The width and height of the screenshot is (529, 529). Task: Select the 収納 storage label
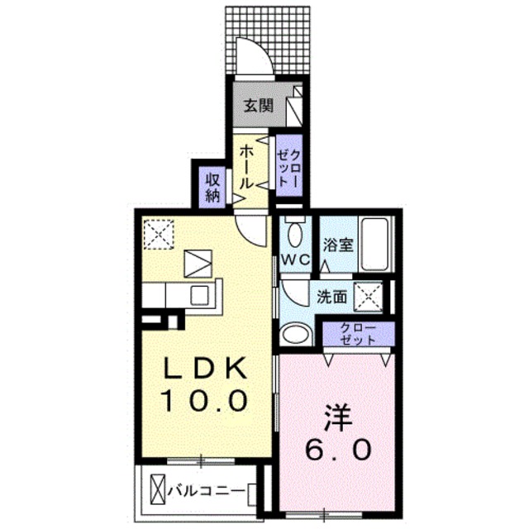click(x=212, y=187)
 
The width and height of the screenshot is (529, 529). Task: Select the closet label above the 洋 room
click(x=358, y=334)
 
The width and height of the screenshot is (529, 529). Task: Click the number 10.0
click(x=205, y=403)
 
